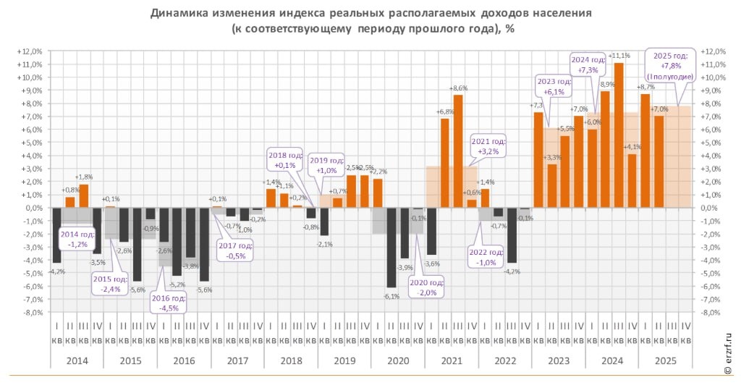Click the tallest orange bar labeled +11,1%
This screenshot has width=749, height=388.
click(x=619, y=135)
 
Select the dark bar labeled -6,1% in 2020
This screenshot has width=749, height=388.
click(x=392, y=247)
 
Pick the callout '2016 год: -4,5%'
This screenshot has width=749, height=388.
click(x=169, y=303)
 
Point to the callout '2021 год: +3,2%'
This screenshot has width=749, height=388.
click(x=488, y=147)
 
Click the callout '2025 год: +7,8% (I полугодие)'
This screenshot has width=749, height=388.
click(x=670, y=66)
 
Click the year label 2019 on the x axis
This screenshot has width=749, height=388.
click(x=344, y=360)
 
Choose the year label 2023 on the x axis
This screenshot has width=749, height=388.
click(x=558, y=360)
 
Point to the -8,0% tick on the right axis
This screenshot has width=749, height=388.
click(x=712, y=313)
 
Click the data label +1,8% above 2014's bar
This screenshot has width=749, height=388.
click(x=84, y=177)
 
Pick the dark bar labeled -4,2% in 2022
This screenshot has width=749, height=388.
click(x=512, y=235)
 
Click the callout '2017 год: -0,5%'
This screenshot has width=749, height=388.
click(x=235, y=250)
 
